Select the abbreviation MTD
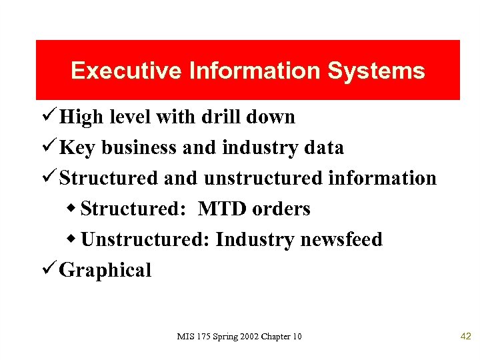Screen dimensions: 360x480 pyautogui.click(x=222, y=209)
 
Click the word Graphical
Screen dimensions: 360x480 pyautogui.click(x=105, y=270)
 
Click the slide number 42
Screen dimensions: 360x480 pyautogui.click(x=466, y=336)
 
